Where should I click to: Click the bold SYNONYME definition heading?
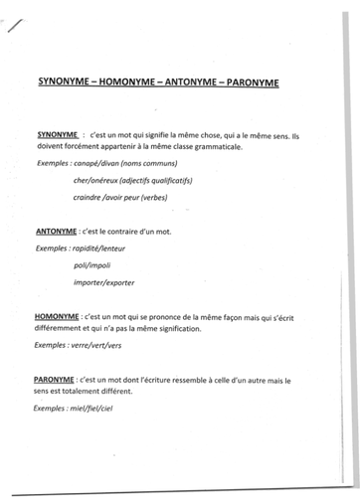pyautogui.click(x=57, y=132)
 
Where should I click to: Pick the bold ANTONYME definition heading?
pyautogui.click(x=56, y=230)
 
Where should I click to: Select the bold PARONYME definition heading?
pyautogui.click(x=57, y=379)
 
